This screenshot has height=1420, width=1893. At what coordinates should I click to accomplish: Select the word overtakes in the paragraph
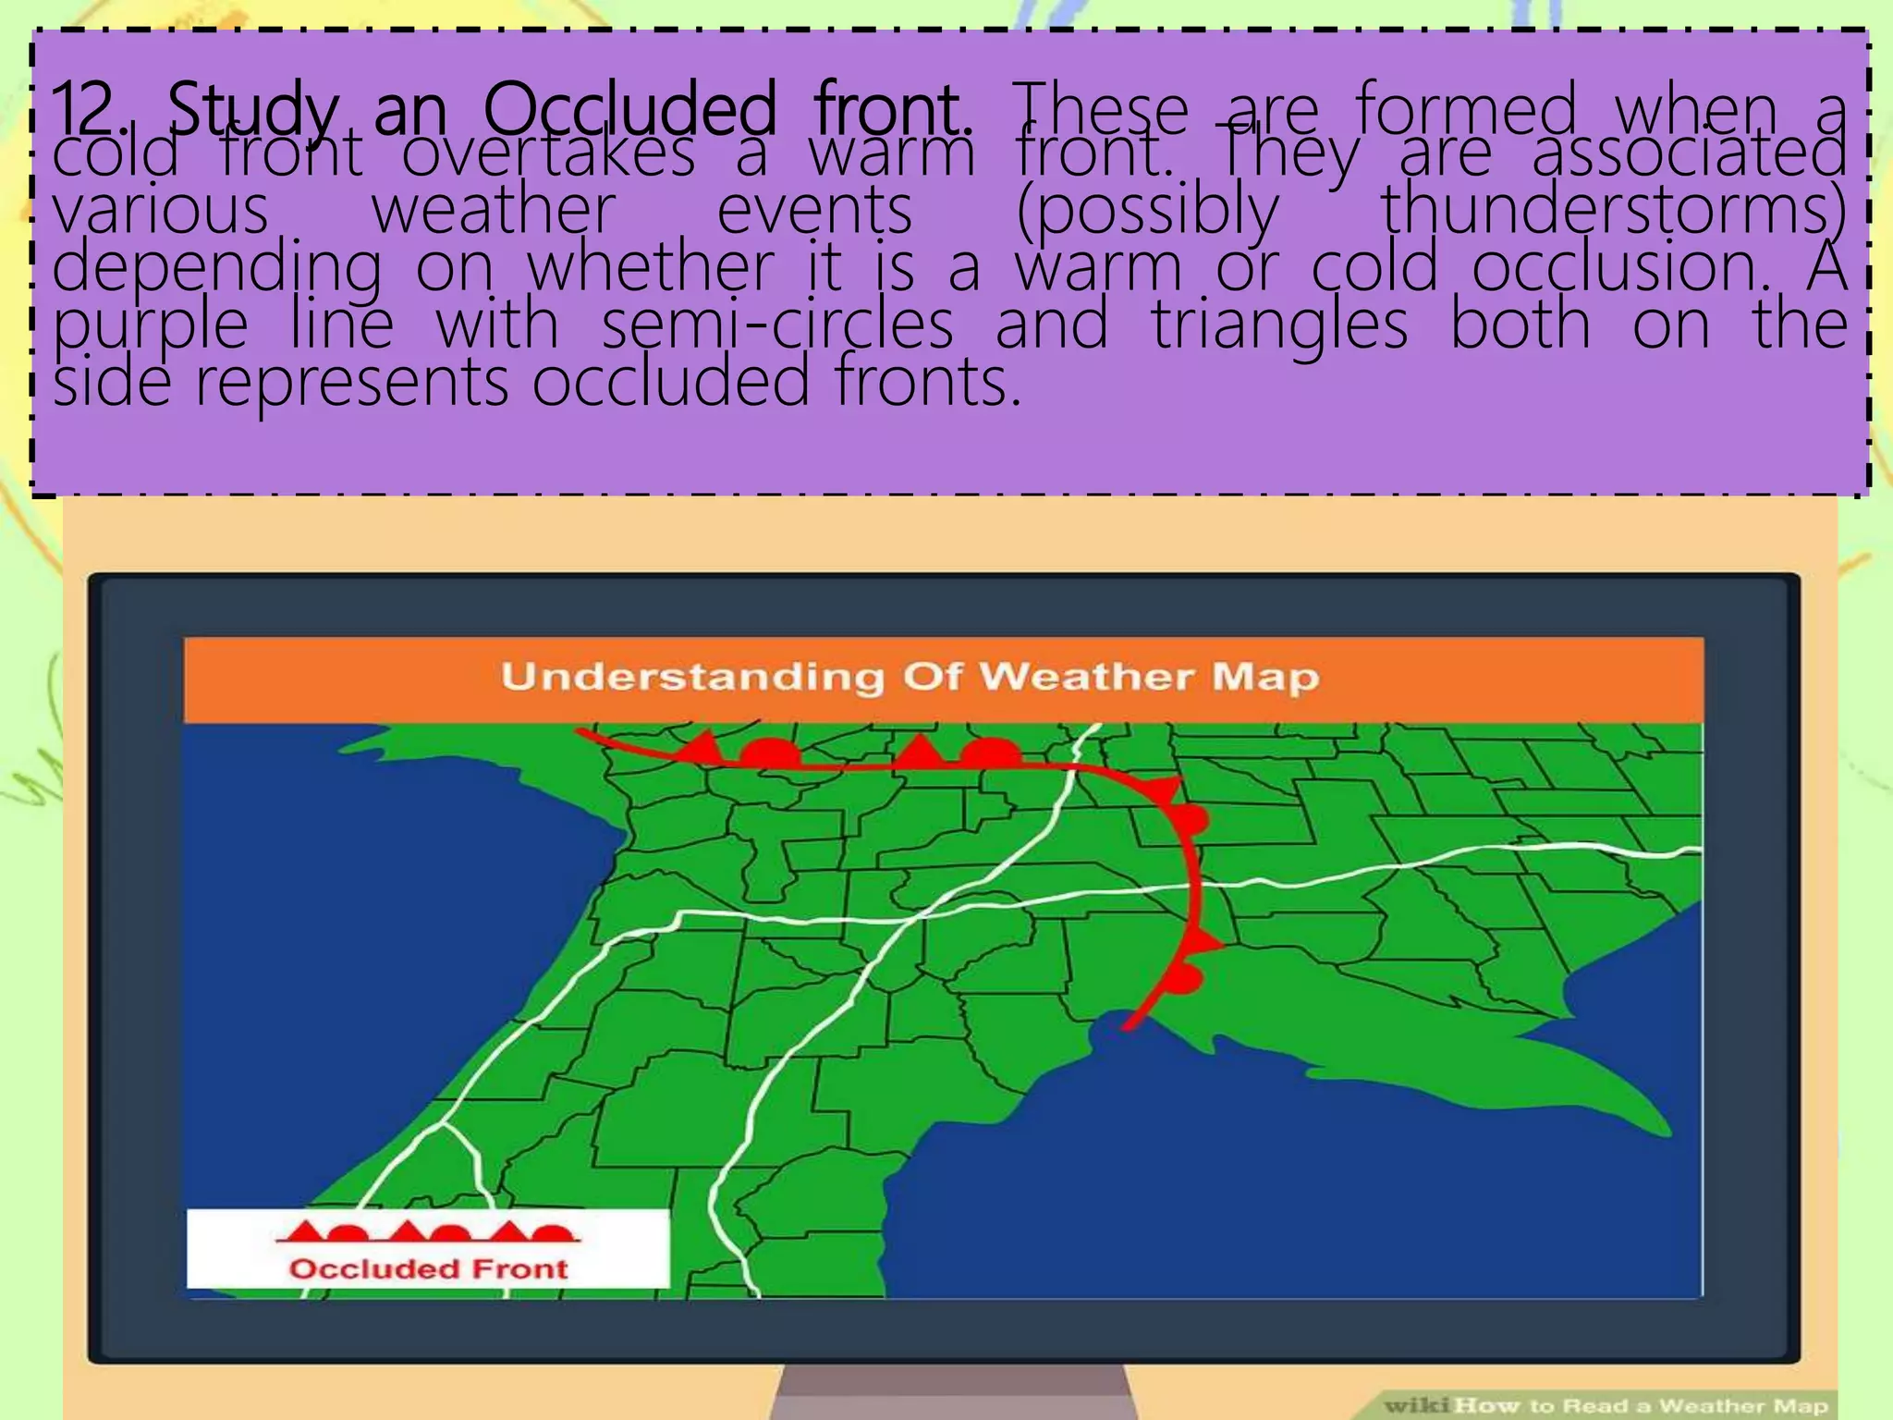point(548,155)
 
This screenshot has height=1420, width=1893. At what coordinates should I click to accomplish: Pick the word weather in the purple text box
point(493,211)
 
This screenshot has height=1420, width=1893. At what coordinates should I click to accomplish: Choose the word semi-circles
point(777,325)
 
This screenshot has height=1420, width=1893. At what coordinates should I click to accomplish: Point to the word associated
point(1689,154)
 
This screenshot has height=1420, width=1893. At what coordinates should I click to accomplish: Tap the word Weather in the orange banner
point(1085,677)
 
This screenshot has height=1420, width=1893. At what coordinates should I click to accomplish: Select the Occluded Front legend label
point(428,1268)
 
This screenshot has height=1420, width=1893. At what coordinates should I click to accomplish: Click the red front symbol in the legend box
point(428,1231)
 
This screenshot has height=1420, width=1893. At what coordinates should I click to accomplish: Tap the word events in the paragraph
point(814,211)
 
